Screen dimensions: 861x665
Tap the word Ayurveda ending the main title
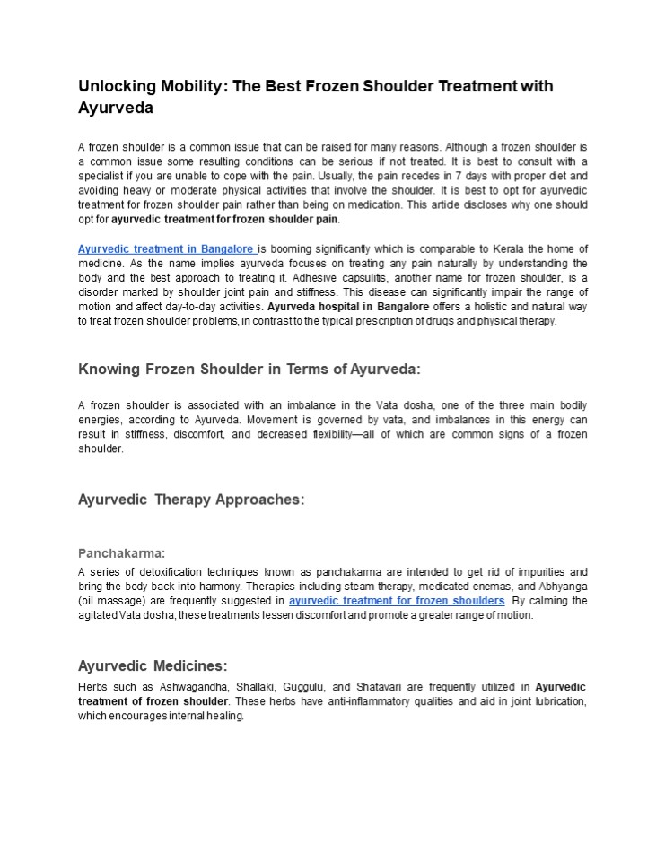[x=116, y=109]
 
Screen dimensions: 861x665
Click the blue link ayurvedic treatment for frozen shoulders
[x=397, y=601]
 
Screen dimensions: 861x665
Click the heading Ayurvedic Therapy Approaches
[x=191, y=500]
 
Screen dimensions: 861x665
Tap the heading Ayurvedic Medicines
[x=153, y=666]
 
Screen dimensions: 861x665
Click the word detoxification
[x=167, y=572]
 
